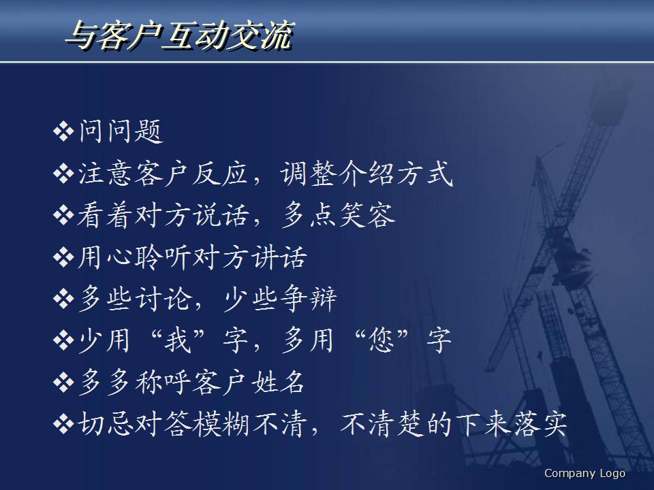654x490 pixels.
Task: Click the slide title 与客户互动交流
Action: tap(178, 35)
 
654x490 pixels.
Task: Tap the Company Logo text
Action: tap(585, 474)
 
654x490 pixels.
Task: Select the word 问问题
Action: tap(121, 132)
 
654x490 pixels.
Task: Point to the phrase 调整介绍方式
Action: tap(367, 174)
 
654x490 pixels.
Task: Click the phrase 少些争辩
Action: tap(280, 300)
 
